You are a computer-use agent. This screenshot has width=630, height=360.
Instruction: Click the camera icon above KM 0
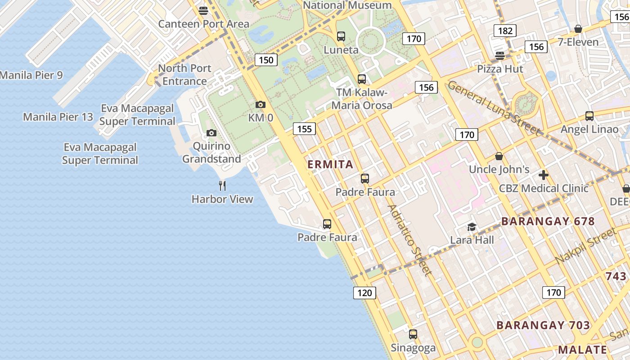260,105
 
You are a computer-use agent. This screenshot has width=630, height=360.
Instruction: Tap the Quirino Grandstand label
211,153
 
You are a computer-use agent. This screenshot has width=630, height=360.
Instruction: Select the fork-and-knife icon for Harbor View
222,186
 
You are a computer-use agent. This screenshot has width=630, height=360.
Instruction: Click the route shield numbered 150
266,60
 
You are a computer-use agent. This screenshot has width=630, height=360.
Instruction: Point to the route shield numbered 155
304,129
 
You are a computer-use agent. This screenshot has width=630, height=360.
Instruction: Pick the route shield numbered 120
364,293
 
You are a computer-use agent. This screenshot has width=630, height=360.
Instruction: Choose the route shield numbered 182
505,31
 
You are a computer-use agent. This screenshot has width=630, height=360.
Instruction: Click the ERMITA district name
330,164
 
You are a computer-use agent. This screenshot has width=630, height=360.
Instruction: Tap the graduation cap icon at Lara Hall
472,227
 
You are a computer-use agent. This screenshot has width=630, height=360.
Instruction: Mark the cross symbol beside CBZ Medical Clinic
544,175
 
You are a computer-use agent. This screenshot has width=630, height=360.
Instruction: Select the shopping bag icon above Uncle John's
499,157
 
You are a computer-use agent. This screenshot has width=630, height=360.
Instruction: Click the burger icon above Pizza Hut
500,55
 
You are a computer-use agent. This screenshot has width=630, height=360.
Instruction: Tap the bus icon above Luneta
341,36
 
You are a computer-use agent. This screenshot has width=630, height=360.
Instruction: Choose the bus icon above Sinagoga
413,334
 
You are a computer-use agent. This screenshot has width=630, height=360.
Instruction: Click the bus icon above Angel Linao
589,116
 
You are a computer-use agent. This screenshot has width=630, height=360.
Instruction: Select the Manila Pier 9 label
31,75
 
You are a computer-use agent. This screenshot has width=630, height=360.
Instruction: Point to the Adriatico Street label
409,240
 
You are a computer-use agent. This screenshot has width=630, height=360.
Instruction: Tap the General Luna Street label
494,108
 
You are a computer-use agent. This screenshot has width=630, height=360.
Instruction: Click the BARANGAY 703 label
543,325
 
